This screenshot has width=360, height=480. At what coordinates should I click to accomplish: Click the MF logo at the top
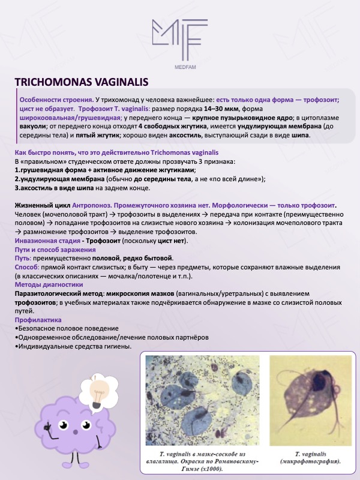pyautogui.click(x=179, y=40)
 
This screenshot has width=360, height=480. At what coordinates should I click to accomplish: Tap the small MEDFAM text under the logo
pyautogui.click(x=180, y=67)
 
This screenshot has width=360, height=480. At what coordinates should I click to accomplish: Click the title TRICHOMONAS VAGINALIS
pyautogui.click(x=81, y=82)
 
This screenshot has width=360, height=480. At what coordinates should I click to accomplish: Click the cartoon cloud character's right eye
pyautogui.click(x=86, y=427)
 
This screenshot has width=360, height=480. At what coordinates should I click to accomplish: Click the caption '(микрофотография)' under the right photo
pyautogui.click(x=310, y=462)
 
